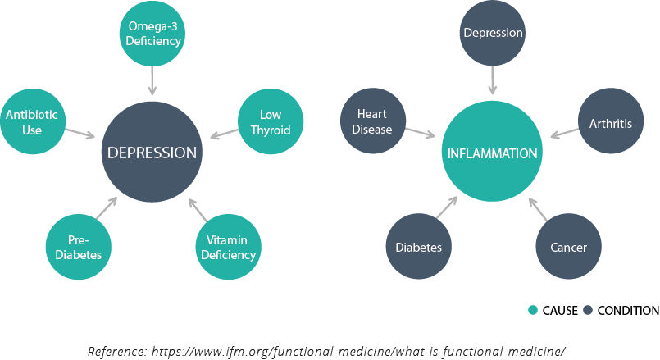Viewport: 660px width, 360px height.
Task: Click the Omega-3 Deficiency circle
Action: [x=152, y=34]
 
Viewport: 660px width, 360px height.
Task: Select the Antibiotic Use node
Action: [x=32, y=122]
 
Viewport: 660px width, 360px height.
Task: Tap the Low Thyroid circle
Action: [x=270, y=123]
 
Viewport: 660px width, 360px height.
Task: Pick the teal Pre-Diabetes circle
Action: [x=78, y=247]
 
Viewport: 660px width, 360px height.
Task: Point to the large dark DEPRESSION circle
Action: [x=152, y=153]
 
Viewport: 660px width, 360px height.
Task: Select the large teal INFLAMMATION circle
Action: [x=492, y=153]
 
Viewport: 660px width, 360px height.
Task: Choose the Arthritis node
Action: [x=610, y=124]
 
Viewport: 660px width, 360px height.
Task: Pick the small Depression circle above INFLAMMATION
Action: [x=492, y=34]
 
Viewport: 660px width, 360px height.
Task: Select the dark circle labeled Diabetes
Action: [x=418, y=247]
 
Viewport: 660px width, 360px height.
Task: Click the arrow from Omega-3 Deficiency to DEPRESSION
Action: [x=152, y=81]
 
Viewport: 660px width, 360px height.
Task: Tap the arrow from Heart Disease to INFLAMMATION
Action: [x=421, y=134]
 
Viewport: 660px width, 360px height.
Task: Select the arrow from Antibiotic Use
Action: [x=80, y=132]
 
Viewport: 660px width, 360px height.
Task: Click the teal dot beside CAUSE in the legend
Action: [x=533, y=311]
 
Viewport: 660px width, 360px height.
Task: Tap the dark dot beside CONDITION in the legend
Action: [x=588, y=311]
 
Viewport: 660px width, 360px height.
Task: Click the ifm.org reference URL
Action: [x=357, y=351]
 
